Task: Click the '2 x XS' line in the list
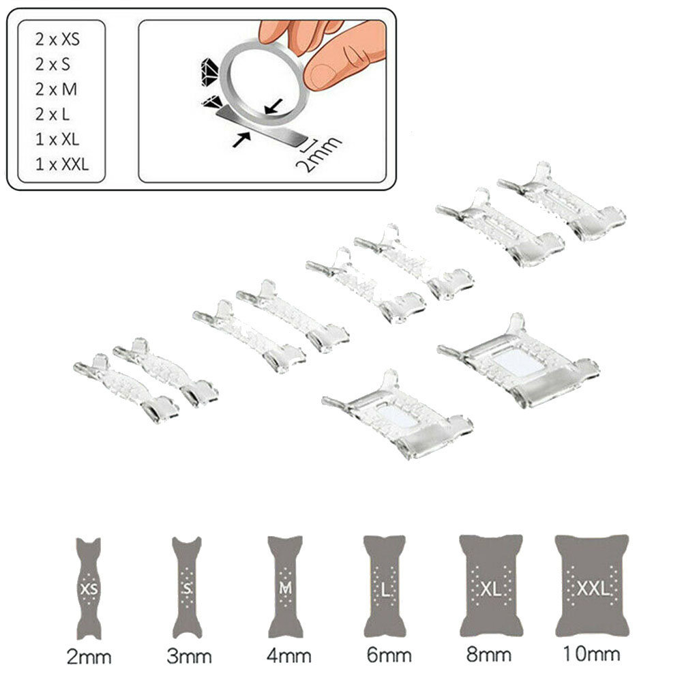pyautogui.click(x=57, y=40)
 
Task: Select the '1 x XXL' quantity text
pyautogui.click(x=62, y=164)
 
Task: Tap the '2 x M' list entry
pyautogui.click(x=56, y=89)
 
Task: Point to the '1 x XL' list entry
pyautogui.click(x=57, y=140)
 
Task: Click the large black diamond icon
pyautogui.click(x=209, y=72)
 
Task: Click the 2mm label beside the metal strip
pyautogui.click(x=318, y=154)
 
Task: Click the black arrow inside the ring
pyautogui.click(x=273, y=106)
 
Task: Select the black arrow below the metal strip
pyautogui.click(x=242, y=140)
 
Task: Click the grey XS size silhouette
pyautogui.click(x=89, y=589)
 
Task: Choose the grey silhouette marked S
pyautogui.click(x=187, y=588)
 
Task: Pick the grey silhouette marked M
pyautogui.click(x=285, y=587)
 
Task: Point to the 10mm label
pyautogui.click(x=591, y=654)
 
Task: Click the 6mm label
pyautogui.click(x=389, y=655)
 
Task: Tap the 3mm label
pyautogui.click(x=189, y=656)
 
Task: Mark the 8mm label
pyautogui.click(x=489, y=654)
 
